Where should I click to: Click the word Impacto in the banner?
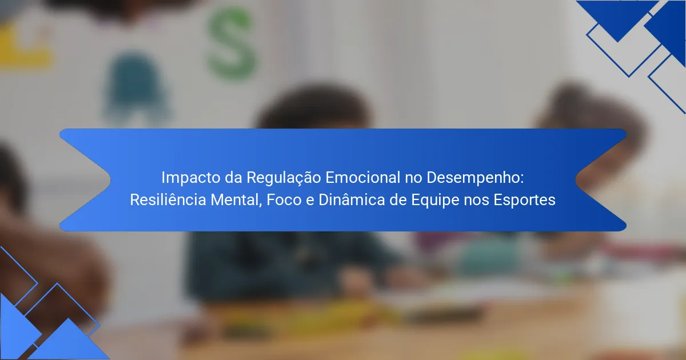(190, 178)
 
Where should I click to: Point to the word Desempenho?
(475, 178)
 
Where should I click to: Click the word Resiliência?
(168, 199)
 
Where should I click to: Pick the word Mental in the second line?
(236, 200)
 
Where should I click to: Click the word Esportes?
(524, 201)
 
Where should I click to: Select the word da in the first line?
(233, 178)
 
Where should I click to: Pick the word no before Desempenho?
(413, 179)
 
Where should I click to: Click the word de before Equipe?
(397, 200)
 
